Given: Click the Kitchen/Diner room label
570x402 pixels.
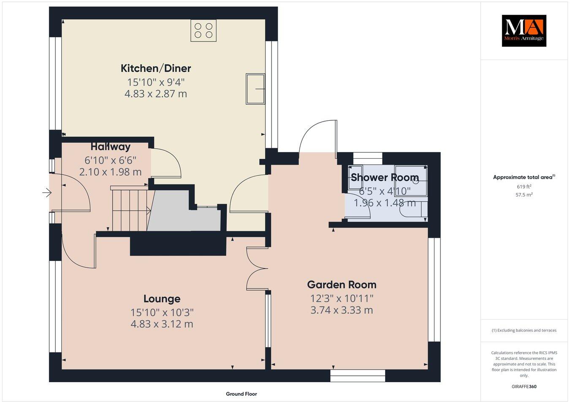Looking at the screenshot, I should pyautogui.click(x=156, y=68).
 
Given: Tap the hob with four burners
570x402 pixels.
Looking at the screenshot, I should pyautogui.click(x=204, y=30).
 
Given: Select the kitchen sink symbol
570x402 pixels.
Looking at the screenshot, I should pyautogui.click(x=255, y=89).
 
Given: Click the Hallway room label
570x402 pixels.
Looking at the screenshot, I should pyautogui.click(x=111, y=147).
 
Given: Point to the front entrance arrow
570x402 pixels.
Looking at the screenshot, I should pyautogui.click(x=46, y=193).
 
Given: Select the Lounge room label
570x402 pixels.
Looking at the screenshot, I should pyautogui.click(x=162, y=299).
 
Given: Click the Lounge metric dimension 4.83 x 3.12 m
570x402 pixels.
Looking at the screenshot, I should pyautogui.click(x=162, y=324).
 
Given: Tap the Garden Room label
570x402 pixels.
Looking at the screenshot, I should pyautogui.click(x=342, y=285).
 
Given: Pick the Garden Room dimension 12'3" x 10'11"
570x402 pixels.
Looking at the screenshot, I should pyautogui.click(x=342, y=298).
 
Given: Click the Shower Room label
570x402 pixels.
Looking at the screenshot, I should pyautogui.click(x=385, y=177).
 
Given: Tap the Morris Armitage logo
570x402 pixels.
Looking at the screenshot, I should pyautogui.click(x=524, y=30).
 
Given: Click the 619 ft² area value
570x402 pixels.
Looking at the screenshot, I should pyautogui.click(x=524, y=186).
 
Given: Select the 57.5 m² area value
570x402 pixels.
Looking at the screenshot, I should pyautogui.click(x=524, y=195).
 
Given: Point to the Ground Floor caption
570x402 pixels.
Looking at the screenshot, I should pyautogui.click(x=241, y=394).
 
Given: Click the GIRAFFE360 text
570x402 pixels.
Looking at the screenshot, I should pyautogui.click(x=524, y=386).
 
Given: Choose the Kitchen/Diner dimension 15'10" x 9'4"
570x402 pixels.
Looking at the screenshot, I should pyautogui.click(x=156, y=82).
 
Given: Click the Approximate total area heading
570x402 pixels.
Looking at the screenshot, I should pyautogui.click(x=524, y=177).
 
